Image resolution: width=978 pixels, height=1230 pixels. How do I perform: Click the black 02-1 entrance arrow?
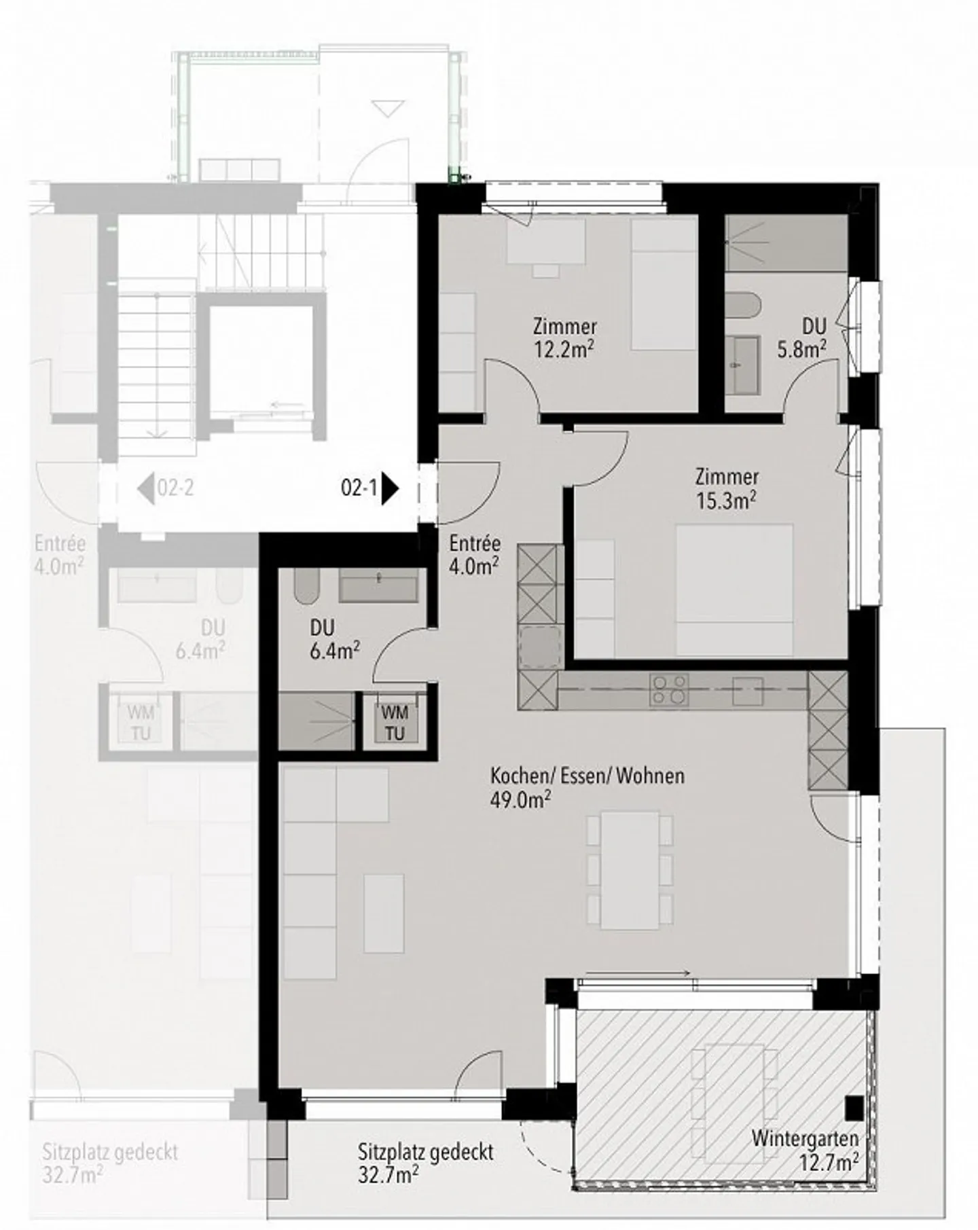pos(390,488)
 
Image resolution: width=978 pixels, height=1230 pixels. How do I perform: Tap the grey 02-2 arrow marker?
pos(145,488)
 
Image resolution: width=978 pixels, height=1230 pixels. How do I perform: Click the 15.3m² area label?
pos(726,500)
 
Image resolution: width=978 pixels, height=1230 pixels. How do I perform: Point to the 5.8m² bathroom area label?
pos(801,348)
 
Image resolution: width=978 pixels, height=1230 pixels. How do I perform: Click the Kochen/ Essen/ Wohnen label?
pos(587,775)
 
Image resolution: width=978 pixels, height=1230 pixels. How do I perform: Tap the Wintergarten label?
pos(805,1137)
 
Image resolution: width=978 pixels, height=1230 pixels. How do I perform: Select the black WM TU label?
pos(395,723)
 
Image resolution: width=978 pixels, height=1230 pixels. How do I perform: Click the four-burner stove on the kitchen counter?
pos(669,690)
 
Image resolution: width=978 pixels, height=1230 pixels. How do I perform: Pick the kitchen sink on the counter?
pos(747,691)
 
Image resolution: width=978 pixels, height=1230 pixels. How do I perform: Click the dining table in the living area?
pos(630,869)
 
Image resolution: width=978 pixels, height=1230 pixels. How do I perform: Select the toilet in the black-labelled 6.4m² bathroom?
pos(307,586)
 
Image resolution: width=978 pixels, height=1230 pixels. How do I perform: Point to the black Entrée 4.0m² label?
pos(475,554)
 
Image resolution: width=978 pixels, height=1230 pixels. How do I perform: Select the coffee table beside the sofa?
pos(384,913)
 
